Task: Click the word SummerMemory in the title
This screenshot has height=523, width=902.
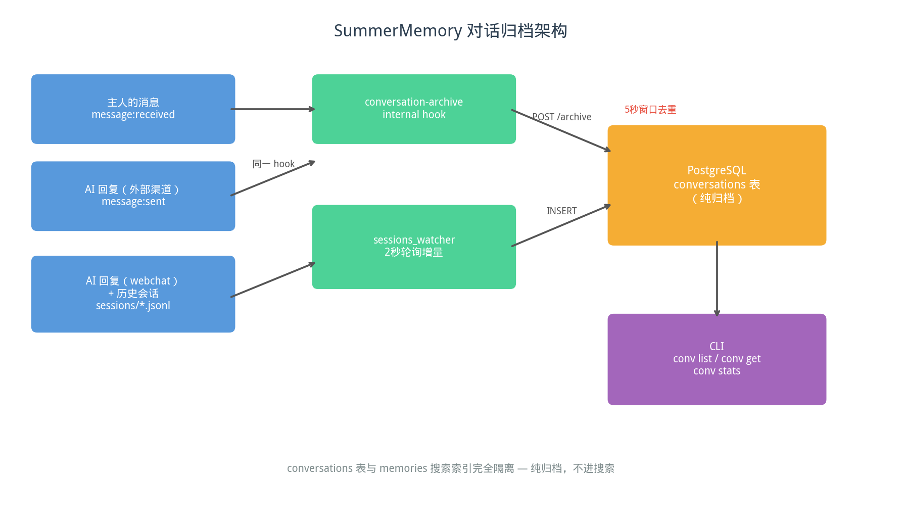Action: click(398, 31)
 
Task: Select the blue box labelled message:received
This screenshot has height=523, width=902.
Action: click(133, 109)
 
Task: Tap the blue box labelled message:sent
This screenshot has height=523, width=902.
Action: click(133, 196)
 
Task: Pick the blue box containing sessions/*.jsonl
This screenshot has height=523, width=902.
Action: click(133, 294)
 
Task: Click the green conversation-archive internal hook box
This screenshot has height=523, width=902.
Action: click(414, 109)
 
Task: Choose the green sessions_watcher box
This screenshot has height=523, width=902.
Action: click(414, 247)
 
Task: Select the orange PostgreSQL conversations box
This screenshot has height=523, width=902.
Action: click(717, 185)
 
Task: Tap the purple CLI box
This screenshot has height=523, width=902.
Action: click(717, 359)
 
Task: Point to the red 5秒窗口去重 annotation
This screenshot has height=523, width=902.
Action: click(650, 110)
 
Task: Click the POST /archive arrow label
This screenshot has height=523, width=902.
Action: click(561, 117)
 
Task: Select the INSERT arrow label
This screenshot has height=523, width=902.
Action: click(561, 211)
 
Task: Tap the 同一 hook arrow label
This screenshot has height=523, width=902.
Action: click(273, 164)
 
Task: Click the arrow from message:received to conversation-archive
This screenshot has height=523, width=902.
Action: click(273, 109)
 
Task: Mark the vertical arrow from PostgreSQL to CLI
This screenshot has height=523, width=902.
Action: click(717, 279)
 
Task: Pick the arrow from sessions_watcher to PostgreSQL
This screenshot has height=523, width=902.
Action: click(561, 225)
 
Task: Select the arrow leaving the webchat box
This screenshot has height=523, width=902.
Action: click(273, 280)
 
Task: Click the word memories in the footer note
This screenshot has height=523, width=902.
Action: click(403, 468)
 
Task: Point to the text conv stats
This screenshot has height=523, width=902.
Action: click(717, 371)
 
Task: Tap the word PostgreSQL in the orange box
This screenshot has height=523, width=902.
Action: click(717, 171)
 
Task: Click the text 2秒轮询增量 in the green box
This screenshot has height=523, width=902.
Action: click(414, 252)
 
